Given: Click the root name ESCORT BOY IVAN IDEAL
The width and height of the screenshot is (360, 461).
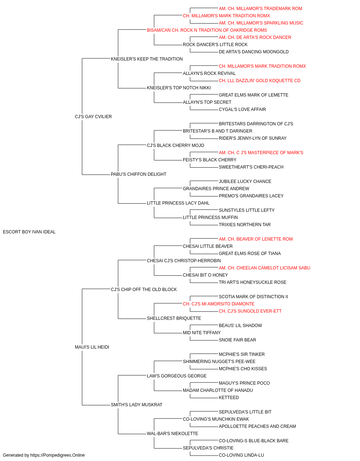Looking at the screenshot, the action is tap(29, 232).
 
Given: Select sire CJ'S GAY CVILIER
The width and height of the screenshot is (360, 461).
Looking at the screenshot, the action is tap(93, 116).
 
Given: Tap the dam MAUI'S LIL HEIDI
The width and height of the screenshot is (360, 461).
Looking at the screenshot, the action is tap(92, 347).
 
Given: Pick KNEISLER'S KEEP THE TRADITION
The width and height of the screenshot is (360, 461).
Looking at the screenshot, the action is tap(147, 59).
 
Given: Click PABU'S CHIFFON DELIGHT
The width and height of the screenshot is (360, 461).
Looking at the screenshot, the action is tap(139, 174).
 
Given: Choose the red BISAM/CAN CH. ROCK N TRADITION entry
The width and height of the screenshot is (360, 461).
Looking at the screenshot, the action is tap(207, 30).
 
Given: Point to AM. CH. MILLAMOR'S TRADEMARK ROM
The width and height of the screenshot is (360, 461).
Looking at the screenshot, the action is tap(260, 9).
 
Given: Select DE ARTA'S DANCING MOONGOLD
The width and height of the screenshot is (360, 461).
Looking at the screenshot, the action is tap(253, 52).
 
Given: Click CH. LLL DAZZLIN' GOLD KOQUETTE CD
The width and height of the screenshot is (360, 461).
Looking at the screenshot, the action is tap(260, 81).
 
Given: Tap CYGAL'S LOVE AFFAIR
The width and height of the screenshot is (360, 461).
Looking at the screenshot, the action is tap(242, 109).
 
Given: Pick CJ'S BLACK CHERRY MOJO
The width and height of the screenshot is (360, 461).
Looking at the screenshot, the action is tap(175, 145).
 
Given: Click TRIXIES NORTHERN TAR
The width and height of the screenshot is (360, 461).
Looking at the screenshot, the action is tap(245, 224).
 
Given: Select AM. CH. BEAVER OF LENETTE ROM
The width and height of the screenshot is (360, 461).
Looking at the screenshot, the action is tap(256, 239).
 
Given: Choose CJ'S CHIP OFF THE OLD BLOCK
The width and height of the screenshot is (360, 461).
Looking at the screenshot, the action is tap(144, 289).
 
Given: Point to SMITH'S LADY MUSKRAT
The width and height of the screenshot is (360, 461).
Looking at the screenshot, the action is tap(136, 404).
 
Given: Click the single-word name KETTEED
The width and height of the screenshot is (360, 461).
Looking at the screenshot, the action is tap(229, 397).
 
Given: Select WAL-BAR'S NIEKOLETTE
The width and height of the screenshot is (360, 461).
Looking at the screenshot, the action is tap(172, 433).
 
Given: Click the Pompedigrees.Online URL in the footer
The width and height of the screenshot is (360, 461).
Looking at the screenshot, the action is tap(57, 455).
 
